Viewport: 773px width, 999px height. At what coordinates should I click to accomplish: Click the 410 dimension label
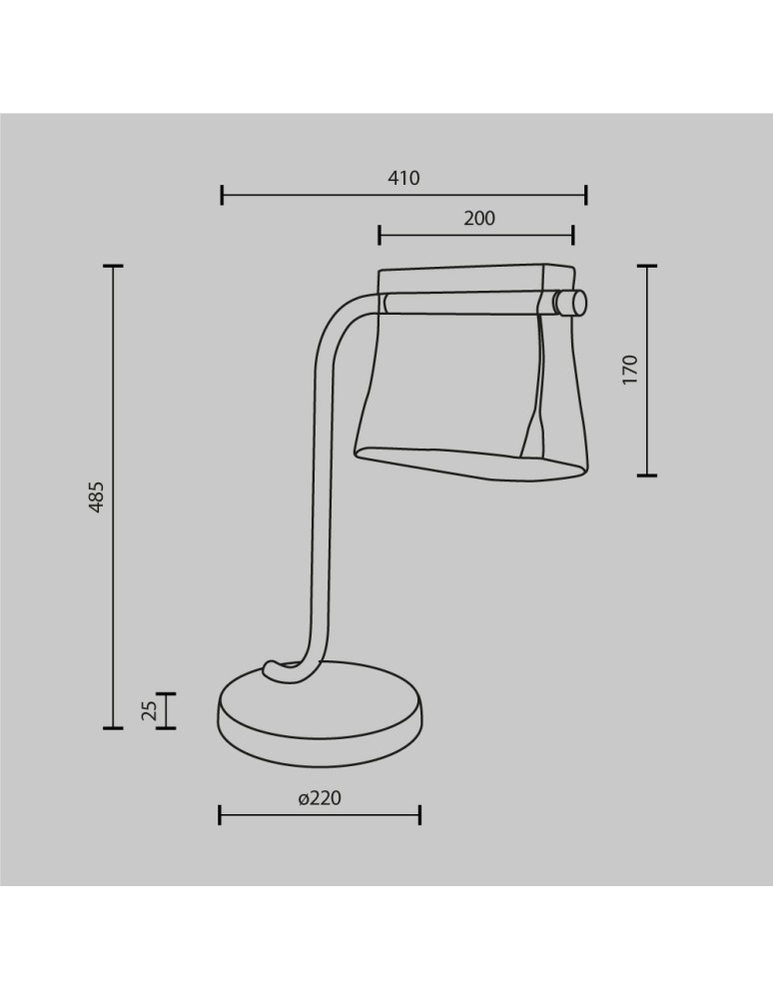[403, 179]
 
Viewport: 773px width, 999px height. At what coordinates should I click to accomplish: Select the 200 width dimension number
[479, 219]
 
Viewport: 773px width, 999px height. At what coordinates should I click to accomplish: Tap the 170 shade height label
[629, 370]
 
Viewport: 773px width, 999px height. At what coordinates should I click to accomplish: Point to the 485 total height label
[96, 497]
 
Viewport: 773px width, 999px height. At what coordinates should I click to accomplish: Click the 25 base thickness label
[150, 710]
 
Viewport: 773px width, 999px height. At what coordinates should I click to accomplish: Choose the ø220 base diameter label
[320, 798]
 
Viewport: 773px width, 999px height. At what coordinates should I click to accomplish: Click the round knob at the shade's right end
[573, 303]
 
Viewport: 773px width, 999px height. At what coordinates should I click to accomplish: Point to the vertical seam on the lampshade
[536, 385]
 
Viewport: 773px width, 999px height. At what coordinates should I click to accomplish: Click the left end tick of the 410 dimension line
[222, 195]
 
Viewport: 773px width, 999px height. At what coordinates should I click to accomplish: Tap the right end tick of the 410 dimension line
[586, 195]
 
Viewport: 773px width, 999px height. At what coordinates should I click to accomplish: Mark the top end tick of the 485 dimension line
[113, 267]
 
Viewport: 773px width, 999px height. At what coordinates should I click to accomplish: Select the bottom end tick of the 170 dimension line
[647, 476]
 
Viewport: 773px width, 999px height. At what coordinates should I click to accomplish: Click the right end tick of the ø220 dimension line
[419, 815]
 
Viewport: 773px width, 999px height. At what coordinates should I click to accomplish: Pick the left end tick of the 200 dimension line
[380, 235]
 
